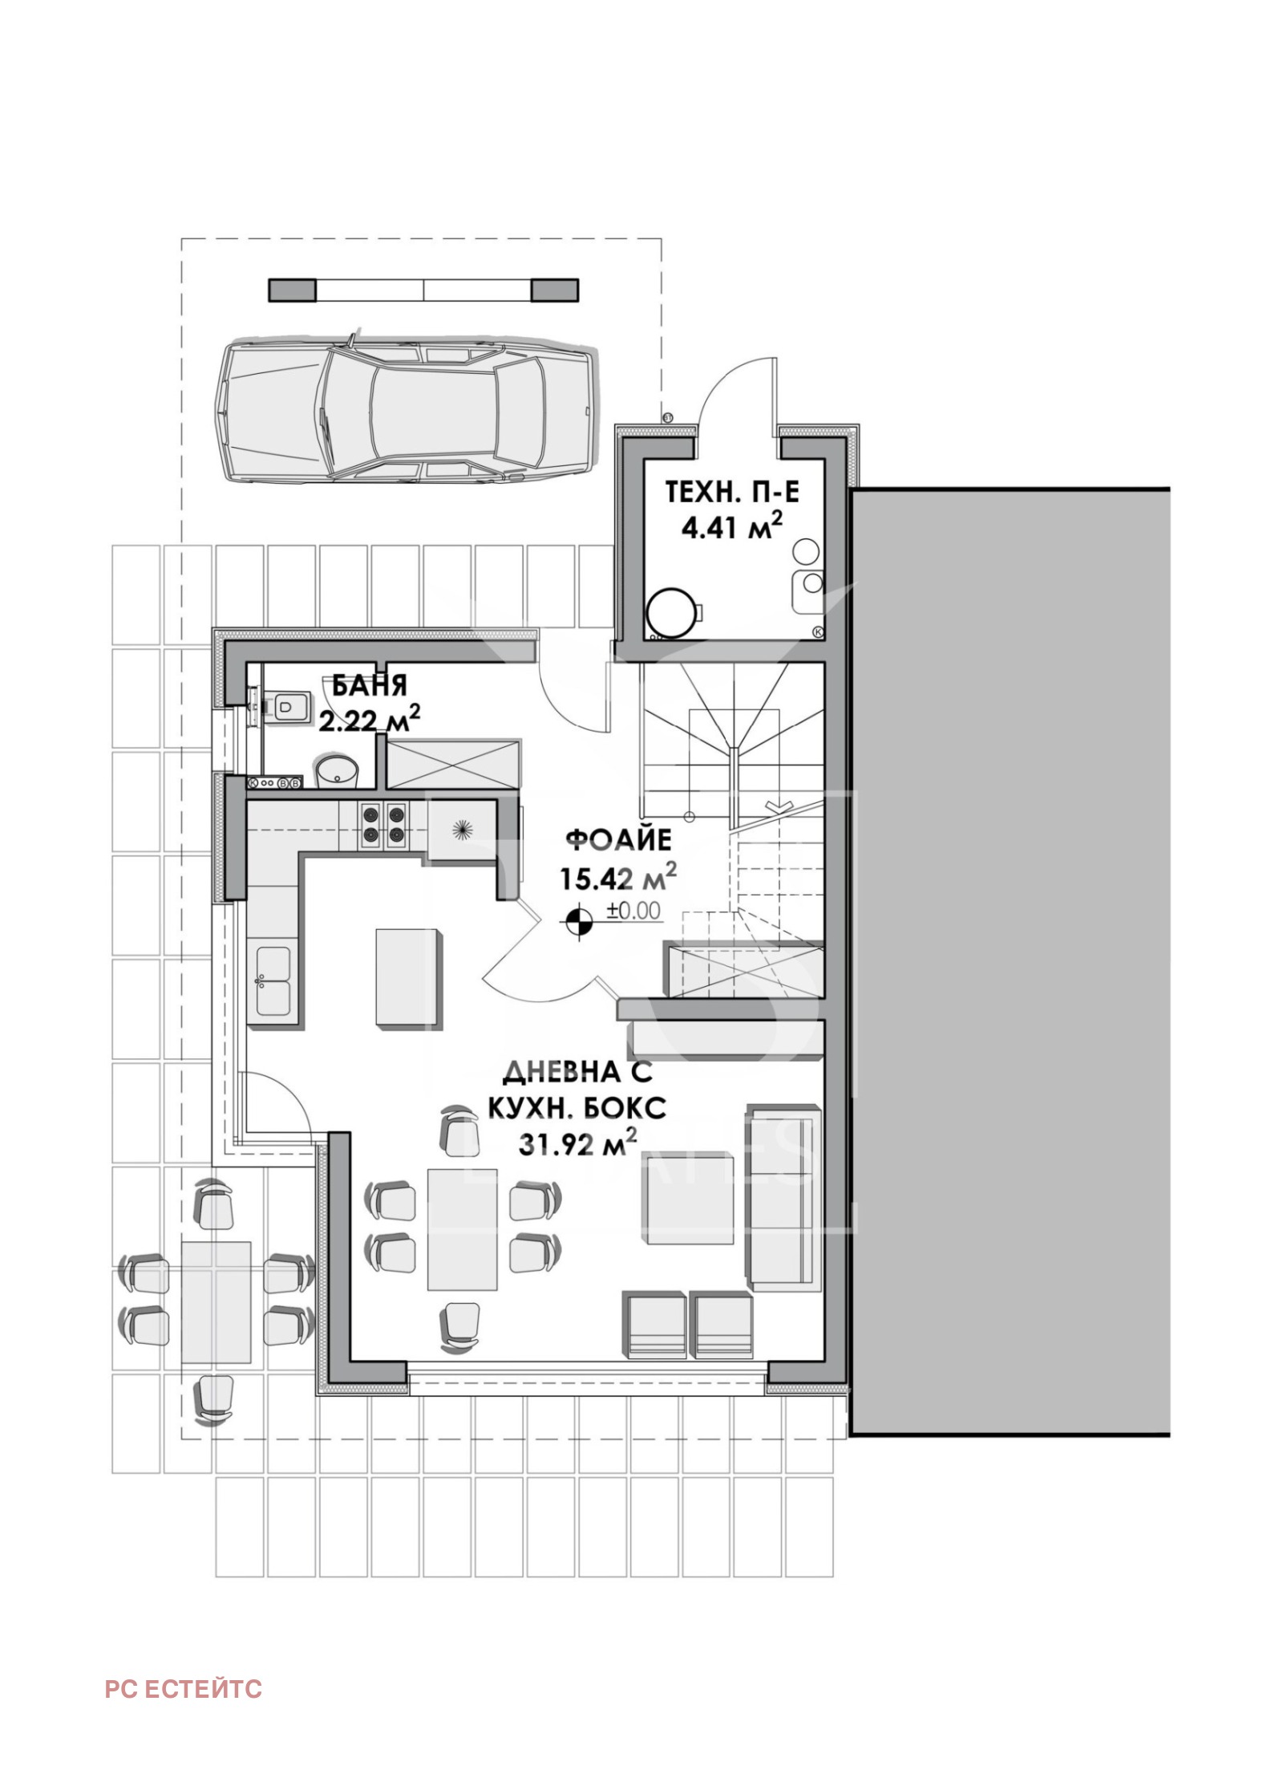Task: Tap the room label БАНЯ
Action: [370, 686]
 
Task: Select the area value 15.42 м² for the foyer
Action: [617, 877]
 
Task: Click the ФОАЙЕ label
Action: [618, 840]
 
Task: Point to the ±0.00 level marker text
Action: [633, 911]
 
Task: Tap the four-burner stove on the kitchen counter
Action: [382, 824]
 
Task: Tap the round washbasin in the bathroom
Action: [338, 770]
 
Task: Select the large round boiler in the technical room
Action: [672, 614]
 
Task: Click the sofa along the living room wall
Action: [785, 1198]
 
